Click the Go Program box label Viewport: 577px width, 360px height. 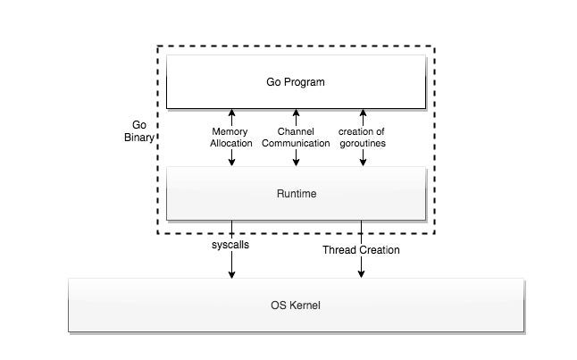click(295, 82)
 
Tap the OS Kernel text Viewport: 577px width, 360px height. click(295, 306)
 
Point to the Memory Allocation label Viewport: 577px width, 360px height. click(231, 138)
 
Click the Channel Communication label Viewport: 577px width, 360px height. click(295, 138)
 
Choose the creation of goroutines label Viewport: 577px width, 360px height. click(363, 138)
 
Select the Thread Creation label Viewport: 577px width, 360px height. click(361, 250)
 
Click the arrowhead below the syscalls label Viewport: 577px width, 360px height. click(232, 273)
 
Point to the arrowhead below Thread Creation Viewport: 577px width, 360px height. click(361, 273)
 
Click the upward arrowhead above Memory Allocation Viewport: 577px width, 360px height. click(231, 113)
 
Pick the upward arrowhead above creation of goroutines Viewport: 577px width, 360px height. click(363, 113)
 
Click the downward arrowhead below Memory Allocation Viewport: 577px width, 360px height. click(231, 162)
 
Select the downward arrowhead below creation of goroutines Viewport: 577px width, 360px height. click(363, 162)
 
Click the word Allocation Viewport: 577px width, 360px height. click(231, 143)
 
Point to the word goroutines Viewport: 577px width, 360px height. click(363, 143)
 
